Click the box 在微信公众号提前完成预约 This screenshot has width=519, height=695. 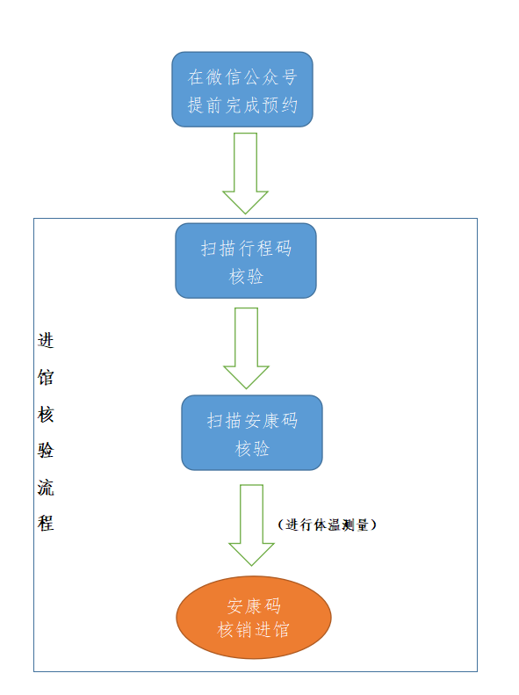(x=242, y=90)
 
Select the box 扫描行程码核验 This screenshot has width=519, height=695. (x=246, y=261)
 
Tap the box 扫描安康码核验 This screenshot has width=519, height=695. (x=252, y=432)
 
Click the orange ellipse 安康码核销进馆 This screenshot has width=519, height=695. (x=254, y=618)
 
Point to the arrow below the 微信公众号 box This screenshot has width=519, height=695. (x=245, y=173)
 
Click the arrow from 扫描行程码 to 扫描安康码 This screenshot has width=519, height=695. (x=246, y=349)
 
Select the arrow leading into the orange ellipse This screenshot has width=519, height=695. (x=251, y=525)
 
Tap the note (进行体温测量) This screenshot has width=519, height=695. (x=328, y=525)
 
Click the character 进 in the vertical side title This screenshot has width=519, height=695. (x=46, y=340)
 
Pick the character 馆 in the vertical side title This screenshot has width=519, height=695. (x=46, y=377)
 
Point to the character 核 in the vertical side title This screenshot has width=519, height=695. (x=46, y=415)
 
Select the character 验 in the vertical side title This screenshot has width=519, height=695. (x=46, y=451)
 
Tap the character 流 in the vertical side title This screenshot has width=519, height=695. (x=46, y=487)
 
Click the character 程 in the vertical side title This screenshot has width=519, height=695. (x=46, y=523)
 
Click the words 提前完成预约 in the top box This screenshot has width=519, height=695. (x=242, y=105)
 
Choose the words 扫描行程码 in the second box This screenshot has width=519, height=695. (x=246, y=248)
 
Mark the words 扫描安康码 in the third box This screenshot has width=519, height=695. (x=252, y=420)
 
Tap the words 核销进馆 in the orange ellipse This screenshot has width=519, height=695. (x=253, y=629)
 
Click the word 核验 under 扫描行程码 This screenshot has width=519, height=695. (x=246, y=276)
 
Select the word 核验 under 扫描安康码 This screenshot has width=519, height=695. (x=252, y=448)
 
